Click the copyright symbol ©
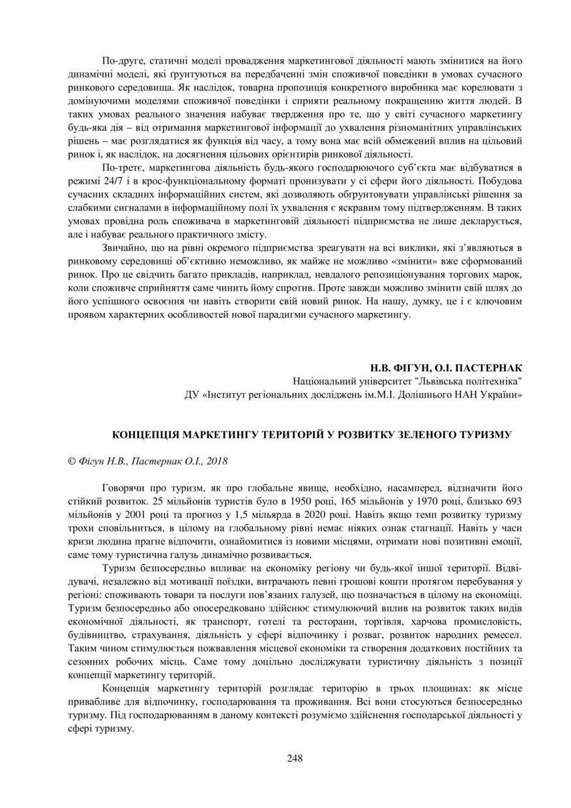click(72, 461)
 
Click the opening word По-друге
click(123, 61)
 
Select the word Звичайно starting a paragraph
click(125, 248)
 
